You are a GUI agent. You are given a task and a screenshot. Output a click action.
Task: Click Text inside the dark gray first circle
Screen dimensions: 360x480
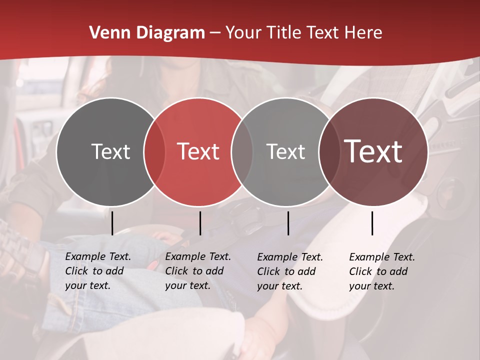pyautogui.click(x=110, y=151)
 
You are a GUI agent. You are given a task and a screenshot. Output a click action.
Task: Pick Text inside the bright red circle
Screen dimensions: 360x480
pyautogui.click(x=198, y=151)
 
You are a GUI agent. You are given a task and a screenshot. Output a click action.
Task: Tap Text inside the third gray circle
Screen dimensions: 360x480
pyautogui.click(x=285, y=151)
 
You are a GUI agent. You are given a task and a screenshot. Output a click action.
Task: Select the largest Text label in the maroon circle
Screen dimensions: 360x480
pyautogui.click(x=373, y=151)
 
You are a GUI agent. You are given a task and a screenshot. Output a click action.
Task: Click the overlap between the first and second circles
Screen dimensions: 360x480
pyautogui.click(x=154, y=151)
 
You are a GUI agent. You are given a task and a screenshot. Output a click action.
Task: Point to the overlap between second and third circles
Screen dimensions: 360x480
pyautogui.click(x=242, y=151)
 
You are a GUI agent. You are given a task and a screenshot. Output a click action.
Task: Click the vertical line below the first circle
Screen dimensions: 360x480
pyautogui.click(x=112, y=223)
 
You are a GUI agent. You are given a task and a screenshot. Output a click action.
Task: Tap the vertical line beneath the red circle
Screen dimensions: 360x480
pyautogui.click(x=200, y=223)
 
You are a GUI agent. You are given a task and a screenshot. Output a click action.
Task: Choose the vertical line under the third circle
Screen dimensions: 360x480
pyautogui.click(x=288, y=223)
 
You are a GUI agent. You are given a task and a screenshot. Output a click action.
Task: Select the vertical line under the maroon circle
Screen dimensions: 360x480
pyautogui.click(x=372, y=223)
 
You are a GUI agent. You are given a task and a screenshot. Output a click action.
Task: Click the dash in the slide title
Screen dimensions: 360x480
pyautogui.click(x=215, y=33)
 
